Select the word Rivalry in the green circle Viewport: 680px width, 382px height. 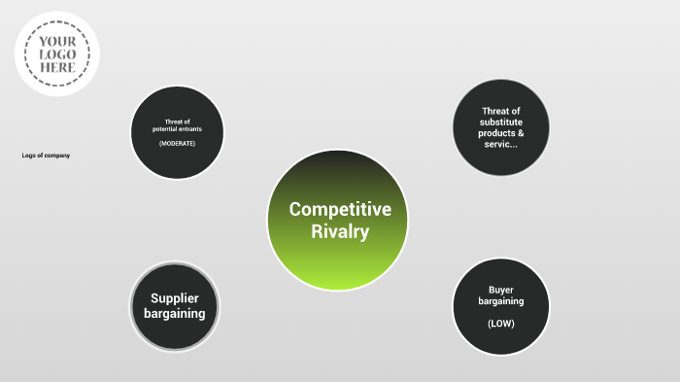[340, 231]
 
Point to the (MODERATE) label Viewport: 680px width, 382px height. [178, 144]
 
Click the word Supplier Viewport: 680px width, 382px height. [175, 297]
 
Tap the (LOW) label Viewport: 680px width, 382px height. [501, 323]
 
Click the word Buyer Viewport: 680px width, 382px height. [501, 290]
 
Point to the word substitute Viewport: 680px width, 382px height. [501, 122]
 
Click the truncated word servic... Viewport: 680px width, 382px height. [500, 144]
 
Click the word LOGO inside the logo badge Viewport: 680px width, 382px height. [57, 54]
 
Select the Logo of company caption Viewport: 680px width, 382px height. [47, 156]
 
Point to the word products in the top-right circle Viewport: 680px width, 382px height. [496, 133]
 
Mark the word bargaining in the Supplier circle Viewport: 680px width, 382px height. [175, 314]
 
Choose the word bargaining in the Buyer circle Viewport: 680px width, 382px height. [501, 301]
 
